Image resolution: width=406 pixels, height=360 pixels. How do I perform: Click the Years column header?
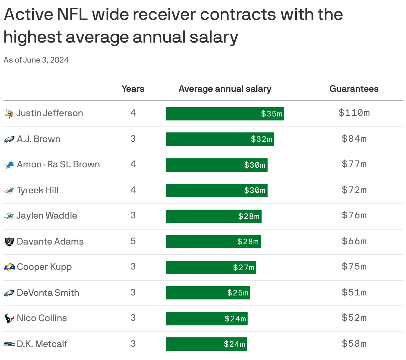133,89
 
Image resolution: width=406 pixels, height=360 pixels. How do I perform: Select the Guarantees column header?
354,89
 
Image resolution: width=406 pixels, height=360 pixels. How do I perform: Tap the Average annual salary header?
225,89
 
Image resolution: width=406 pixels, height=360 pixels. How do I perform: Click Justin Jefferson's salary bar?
225,114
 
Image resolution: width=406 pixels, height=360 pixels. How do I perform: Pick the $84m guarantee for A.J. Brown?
354,138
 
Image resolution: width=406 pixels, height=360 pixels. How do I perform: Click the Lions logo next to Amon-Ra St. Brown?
9,165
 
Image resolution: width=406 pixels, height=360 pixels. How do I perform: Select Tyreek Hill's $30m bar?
216,190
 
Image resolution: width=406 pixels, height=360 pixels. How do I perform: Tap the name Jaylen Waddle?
47,216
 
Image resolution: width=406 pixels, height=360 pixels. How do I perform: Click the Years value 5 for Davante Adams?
133,241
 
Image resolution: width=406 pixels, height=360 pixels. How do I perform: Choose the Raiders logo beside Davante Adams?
9,242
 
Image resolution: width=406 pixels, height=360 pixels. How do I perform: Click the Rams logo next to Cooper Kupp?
9,267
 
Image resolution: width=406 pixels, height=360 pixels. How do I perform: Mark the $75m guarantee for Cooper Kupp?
354,267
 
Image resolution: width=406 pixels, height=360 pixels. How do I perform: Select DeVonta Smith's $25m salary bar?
208,293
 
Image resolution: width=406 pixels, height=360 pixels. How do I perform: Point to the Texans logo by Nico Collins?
9,318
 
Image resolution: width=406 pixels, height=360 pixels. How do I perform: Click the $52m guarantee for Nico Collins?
354,318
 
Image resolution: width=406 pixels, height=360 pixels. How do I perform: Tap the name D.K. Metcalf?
42,344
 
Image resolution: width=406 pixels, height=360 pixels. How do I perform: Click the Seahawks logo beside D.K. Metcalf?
9,344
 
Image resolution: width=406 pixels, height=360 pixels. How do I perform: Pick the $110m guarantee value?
354,113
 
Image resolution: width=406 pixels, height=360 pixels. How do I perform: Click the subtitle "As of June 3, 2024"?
36,60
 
